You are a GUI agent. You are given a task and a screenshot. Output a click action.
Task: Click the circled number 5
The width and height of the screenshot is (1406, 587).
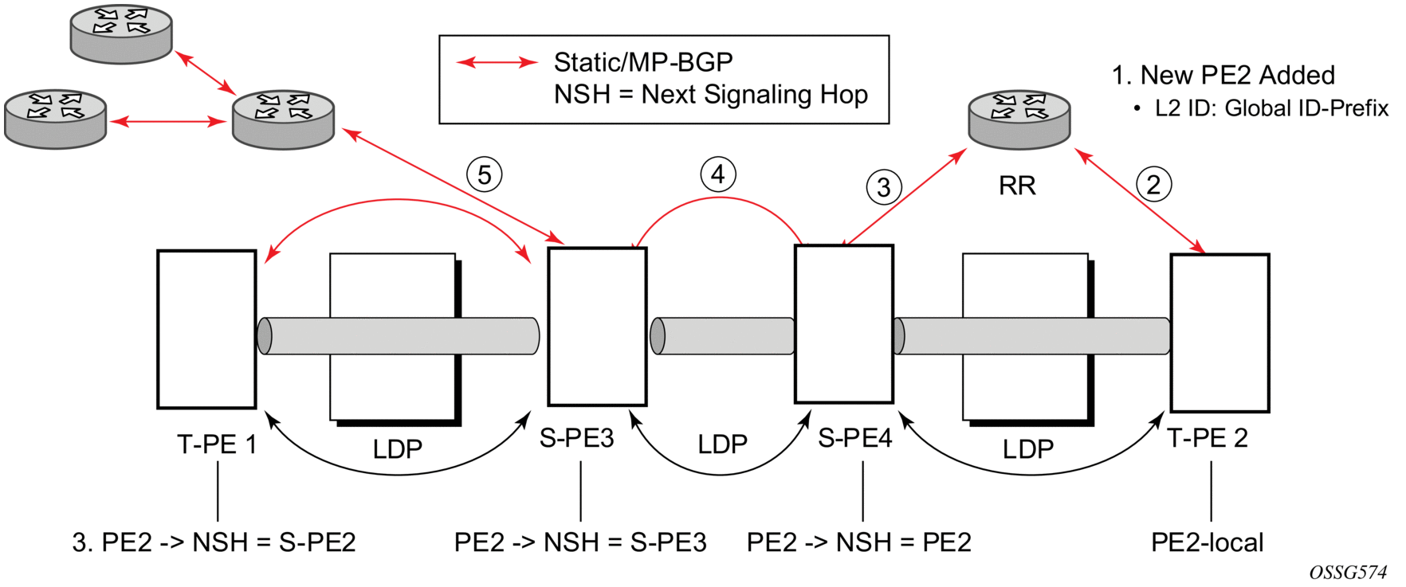click(485, 174)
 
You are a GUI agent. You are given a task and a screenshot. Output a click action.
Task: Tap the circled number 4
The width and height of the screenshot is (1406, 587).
click(718, 174)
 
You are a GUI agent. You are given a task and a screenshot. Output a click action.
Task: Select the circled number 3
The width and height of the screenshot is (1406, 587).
click(884, 187)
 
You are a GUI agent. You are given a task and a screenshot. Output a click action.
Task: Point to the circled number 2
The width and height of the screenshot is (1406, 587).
click(1153, 184)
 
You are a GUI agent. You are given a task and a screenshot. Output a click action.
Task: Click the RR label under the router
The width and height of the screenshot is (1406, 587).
click(1017, 186)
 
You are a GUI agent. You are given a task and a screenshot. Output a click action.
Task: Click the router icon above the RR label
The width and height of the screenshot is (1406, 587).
click(1019, 120)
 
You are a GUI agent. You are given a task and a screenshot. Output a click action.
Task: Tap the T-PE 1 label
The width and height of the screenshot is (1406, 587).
click(217, 444)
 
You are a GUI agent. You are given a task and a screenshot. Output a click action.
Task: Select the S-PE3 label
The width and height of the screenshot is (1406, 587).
click(577, 438)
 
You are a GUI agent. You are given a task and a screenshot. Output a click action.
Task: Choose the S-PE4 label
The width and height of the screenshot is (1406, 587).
click(855, 438)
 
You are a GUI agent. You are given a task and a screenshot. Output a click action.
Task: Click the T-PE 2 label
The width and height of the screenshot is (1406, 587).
click(1208, 438)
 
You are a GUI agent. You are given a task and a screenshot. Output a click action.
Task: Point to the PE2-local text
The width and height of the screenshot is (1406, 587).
click(1208, 542)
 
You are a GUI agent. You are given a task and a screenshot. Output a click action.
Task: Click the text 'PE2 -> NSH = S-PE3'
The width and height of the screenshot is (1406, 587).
click(580, 542)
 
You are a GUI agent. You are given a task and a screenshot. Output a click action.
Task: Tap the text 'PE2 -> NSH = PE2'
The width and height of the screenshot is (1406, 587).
click(859, 542)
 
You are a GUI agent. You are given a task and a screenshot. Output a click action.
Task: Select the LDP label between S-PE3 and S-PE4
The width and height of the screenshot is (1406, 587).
click(723, 444)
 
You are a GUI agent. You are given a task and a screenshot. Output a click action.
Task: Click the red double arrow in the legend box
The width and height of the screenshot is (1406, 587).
click(497, 62)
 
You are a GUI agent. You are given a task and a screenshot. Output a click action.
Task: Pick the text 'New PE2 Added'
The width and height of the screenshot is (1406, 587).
click(1238, 75)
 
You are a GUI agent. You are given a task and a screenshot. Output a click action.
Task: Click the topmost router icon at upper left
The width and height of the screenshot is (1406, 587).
click(121, 34)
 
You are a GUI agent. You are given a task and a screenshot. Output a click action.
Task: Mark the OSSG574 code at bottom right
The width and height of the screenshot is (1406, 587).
click(1348, 573)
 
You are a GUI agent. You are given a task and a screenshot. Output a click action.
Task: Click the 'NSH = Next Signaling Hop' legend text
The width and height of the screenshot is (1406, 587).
click(711, 94)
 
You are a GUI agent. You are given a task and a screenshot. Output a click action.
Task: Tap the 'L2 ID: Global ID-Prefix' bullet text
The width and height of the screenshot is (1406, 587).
click(1271, 108)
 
